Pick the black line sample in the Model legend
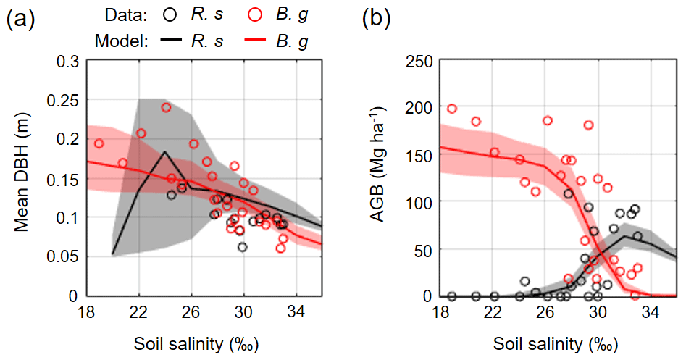(x=170, y=41)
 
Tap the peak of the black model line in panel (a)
(x=165, y=152)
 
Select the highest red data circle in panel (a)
(x=166, y=107)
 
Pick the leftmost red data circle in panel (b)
(x=452, y=109)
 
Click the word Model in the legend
(x=121, y=41)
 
